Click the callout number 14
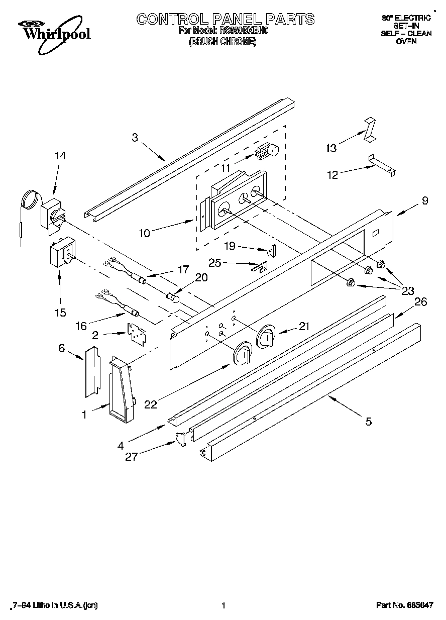pos(60,156)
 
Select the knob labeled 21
pos(266,336)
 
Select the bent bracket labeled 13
pos(370,129)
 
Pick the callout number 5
pos(368,422)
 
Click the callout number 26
pos(421,301)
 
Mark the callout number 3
pos(135,137)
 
